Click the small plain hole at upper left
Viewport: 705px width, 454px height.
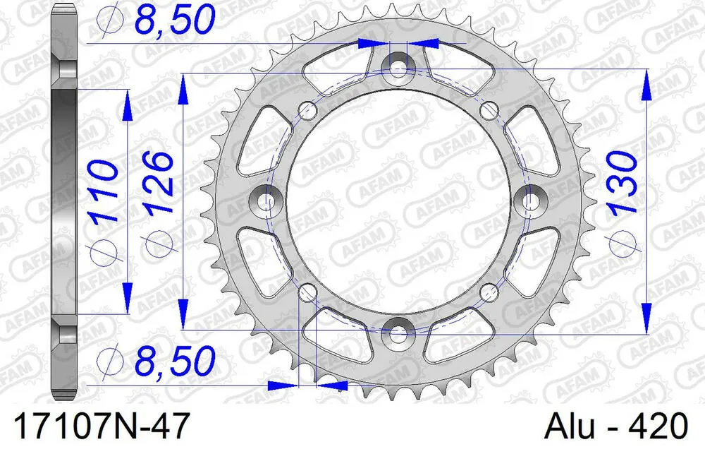[307, 109]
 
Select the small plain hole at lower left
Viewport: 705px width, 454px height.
[307, 292]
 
